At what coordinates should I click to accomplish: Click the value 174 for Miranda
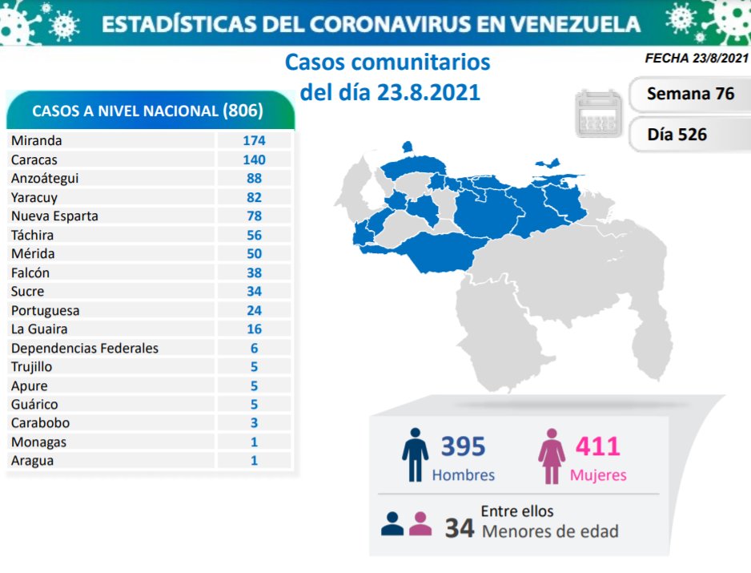tap(254, 140)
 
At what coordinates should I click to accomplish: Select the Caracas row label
tap(34, 159)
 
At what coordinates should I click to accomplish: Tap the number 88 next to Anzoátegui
tap(254, 178)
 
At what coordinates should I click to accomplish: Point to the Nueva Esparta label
tap(54, 216)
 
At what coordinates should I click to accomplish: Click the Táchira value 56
tap(254, 235)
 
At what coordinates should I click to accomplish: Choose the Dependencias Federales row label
tap(85, 348)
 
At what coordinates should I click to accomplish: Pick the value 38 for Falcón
tap(254, 272)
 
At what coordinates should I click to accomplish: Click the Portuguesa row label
tap(46, 310)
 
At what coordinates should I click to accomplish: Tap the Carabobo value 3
tap(254, 423)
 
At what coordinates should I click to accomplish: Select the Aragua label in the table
tap(33, 461)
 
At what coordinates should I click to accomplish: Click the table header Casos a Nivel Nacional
tap(148, 111)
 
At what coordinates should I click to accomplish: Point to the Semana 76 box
tap(690, 94)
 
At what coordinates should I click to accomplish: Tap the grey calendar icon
tap(597, 114)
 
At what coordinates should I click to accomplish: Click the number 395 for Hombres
tap(463, 446)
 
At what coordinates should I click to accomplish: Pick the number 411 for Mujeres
tap(597, 446)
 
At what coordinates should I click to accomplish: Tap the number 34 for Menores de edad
tap(460, 528)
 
